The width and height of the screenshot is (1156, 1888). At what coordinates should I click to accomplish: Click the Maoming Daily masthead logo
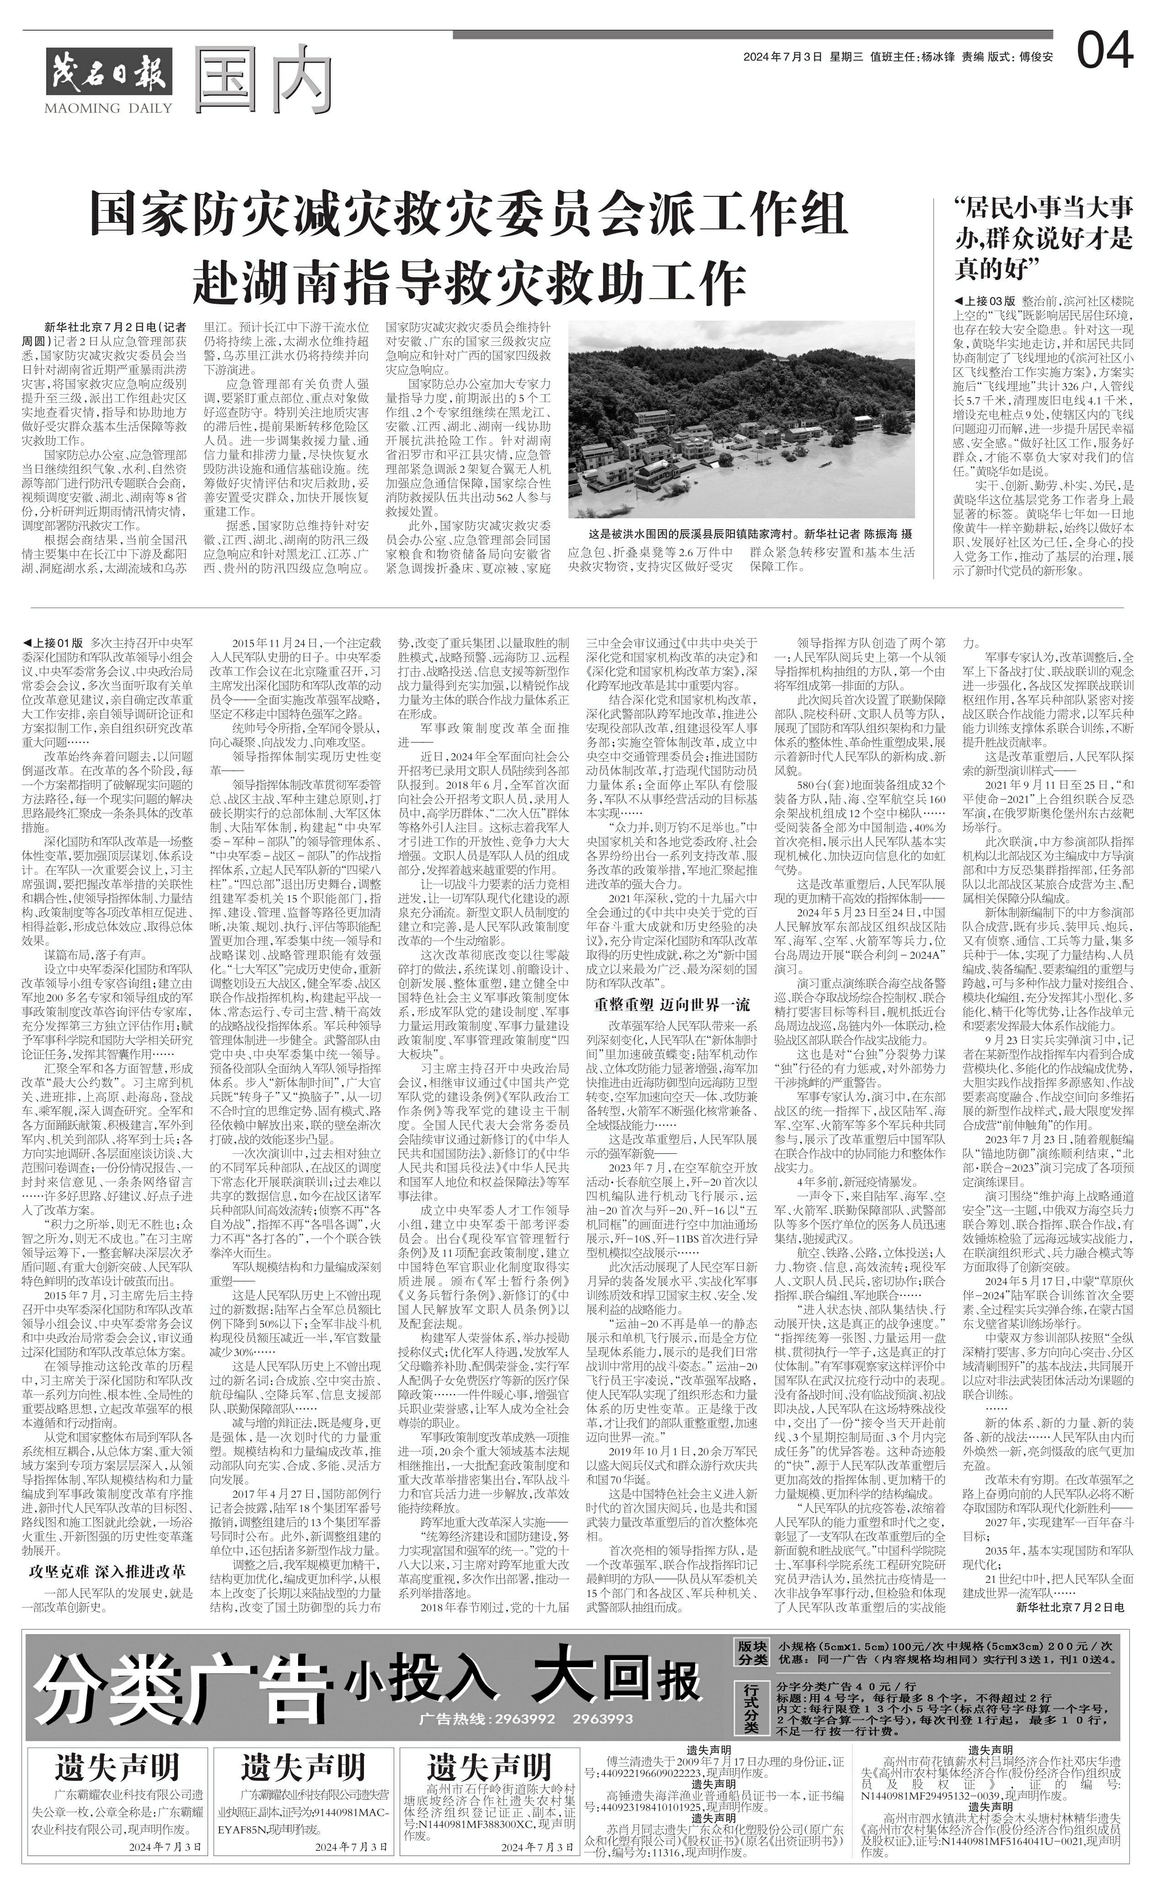pos(109,74)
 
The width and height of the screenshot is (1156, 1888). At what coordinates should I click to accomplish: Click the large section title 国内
pos(266,80)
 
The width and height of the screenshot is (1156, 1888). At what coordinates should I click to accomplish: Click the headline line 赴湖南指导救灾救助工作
pos(469,282)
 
